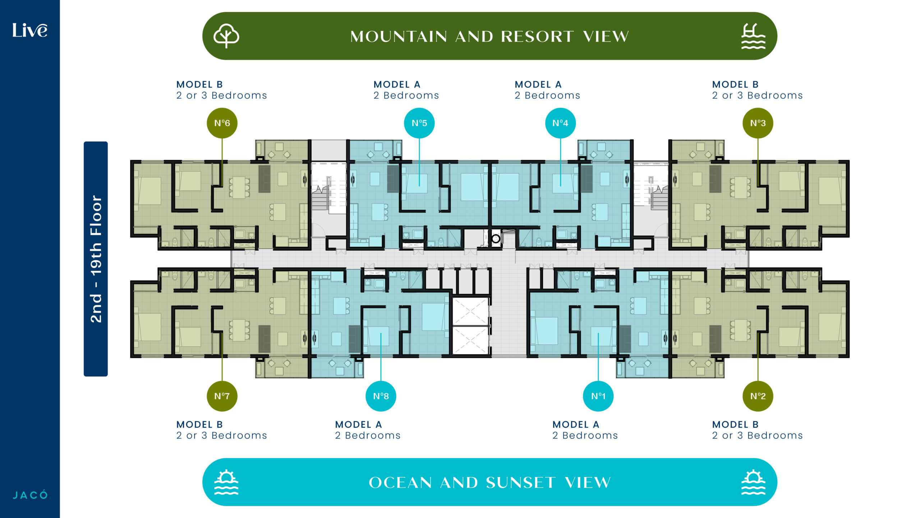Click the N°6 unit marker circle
click(222, 123)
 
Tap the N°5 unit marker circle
click(419, 123)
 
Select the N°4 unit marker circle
click(561, 123)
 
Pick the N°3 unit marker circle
click(758, 123)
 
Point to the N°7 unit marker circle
click(222, 396)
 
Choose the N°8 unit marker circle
click(381, 396)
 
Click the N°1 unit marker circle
click(598, 396)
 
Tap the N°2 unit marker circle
click(758, 396)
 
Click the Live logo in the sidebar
click(30, 30)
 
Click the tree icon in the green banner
click(226, 36)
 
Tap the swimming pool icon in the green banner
click(753, 36)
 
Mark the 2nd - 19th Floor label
click(96, 259)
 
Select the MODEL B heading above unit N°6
click(200, 85)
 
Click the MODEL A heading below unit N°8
click(359, 424)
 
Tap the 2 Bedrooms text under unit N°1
click(585, 435)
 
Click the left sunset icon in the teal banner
click(226, 482)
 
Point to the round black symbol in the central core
click(496, 238)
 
